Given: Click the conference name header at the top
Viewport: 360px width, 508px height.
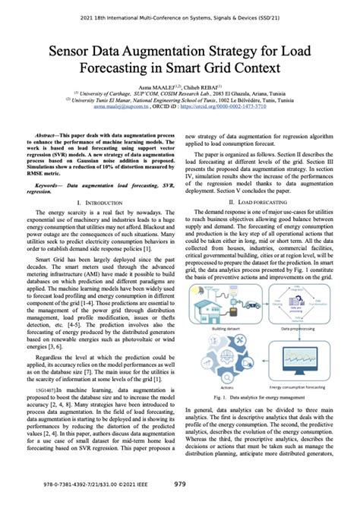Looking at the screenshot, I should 180,9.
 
